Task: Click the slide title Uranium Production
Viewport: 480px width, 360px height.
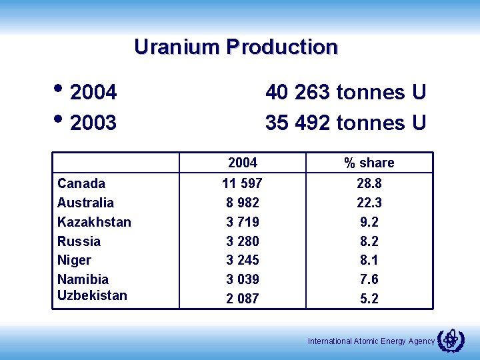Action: click(x=236, y=47)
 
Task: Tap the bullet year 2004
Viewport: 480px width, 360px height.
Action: click(x=93, y=92)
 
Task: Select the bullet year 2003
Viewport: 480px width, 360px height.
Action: click(x=93, y=123)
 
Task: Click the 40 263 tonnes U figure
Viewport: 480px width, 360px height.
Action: click(x=345, y=92)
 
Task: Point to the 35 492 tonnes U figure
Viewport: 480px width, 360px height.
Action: click(x=345, y=123)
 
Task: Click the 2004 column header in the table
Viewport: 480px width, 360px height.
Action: click(x=243, y=163)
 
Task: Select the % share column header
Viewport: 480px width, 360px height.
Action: click(x=369, y=163)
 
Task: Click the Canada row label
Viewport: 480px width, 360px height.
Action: click(x=81, y=183)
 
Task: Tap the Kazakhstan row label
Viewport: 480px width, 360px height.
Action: click(x=94, y=222)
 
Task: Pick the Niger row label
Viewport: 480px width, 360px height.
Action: click(x=74, y=260)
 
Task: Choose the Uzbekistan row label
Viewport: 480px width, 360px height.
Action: click(x=92, y=295)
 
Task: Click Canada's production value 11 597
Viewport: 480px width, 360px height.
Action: click(x=243, y=183)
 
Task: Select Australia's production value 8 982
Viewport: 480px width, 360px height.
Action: click(x=243, y=203)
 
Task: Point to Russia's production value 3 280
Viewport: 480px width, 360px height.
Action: click(x=243, y=241)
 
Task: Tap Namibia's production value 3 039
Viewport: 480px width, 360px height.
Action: click(x=243, y=279)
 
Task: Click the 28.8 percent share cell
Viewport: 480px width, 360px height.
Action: click(x=369, y=183)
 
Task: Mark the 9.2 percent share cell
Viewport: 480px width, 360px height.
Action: click(x=369, y=222)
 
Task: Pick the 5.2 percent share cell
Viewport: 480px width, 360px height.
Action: click(x=369, y=299)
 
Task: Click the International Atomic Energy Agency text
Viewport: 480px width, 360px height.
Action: click(x=371, y=341)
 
